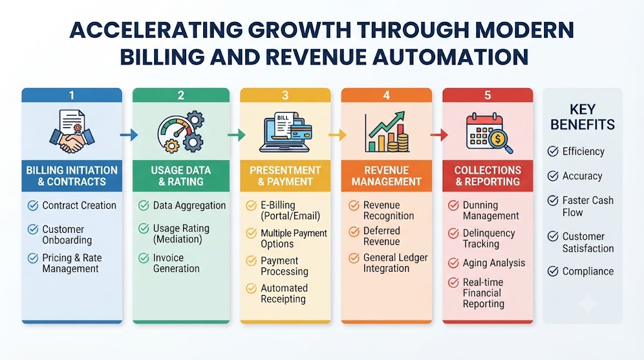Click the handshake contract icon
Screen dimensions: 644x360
(72, 131)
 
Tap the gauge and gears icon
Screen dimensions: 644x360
(180, 132)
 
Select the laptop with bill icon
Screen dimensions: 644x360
(286, 132)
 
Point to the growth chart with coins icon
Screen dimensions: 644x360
(387, 132)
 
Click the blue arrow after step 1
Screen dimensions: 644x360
(129, 135)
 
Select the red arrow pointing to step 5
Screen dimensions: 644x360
(439, 135)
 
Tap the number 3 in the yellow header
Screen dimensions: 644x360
(286, 95)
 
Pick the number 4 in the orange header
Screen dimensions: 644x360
(387, 95)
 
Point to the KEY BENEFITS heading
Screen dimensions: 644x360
(582, 116)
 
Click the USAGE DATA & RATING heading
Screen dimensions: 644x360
(180, 176)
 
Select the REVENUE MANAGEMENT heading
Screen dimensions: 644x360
(387, 176)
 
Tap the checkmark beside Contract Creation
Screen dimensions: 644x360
(33, 205)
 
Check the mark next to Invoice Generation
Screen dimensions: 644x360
(144, 258)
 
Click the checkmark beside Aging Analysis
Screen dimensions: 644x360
(453, 263)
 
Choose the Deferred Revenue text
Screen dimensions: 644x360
(382, 236)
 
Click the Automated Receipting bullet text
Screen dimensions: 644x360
(284, 293)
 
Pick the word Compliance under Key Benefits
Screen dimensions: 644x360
(588, 271)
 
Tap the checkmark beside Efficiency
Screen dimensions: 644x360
(553, 151)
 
